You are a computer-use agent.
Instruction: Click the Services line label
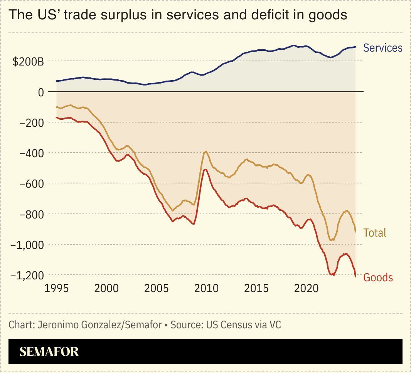point(382,48)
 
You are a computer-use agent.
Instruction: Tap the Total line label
point(375,233)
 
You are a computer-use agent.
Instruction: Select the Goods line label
point(378,277)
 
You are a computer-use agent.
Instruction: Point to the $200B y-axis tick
point(28,62)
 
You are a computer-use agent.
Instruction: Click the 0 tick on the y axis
point(40,92)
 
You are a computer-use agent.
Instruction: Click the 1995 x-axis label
point(57,289)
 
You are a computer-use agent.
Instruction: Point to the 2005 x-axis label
point(157,289)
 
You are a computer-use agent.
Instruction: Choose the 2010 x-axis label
point(207,289)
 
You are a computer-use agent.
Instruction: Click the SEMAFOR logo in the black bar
point(49,351)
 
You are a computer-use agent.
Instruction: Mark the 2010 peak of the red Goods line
point(205,170)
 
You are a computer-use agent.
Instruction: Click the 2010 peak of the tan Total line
point(206,151)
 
